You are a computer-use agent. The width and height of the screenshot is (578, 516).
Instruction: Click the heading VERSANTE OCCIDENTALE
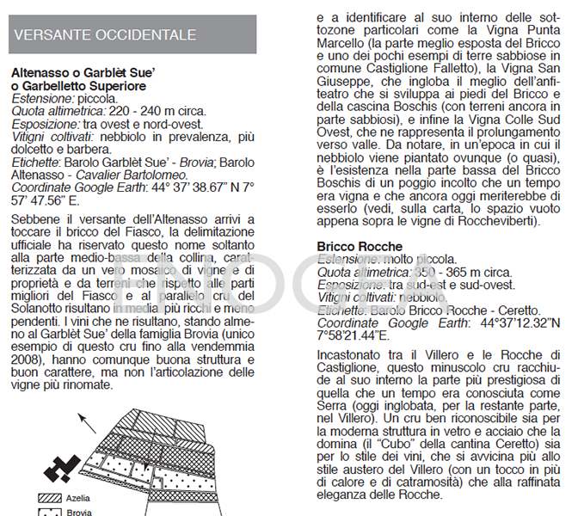tap(106, 35)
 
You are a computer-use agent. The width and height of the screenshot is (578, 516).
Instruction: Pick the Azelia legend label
tap(79, 497)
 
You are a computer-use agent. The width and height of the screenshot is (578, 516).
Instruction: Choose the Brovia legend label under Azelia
tap(79, 513)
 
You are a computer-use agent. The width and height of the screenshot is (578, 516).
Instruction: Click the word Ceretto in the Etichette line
tap(516, 310)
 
